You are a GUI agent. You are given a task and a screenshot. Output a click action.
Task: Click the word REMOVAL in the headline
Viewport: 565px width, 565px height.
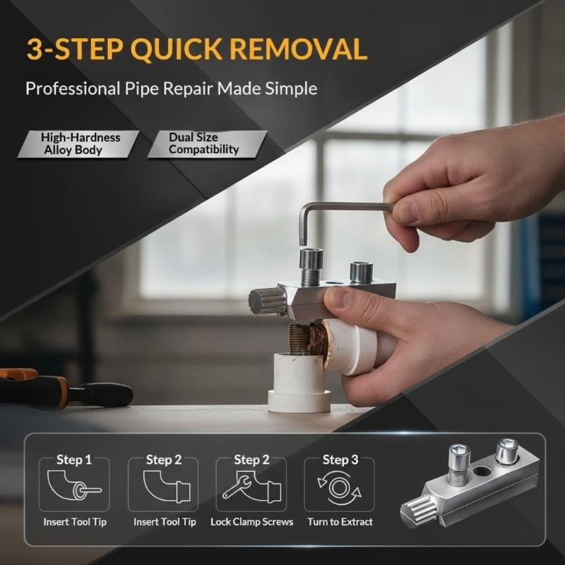tap(298, 49)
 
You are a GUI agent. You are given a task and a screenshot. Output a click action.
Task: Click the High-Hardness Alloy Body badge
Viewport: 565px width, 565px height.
tap(78, 144)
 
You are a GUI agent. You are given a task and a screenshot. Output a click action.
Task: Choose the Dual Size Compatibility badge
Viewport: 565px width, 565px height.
tap(207, 144)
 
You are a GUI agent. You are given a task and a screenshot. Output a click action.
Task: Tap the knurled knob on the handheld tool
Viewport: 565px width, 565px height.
tap(267, 302)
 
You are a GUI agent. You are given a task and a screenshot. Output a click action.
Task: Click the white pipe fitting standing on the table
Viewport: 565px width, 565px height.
tap(298, 383)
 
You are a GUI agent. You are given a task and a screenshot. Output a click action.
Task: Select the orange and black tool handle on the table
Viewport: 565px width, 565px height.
tap(65, 388)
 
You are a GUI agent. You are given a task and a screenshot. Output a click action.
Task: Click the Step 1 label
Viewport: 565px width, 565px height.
tap(74, 460)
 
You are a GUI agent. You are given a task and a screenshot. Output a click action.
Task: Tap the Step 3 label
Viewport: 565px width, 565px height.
tap(340, 460)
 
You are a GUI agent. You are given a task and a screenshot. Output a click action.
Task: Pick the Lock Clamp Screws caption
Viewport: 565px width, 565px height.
tap(252, 522)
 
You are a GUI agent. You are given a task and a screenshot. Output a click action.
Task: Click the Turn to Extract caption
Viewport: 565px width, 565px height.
tap(340, 522)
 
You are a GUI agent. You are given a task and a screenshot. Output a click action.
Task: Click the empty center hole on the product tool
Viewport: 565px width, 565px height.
tap(482, 471)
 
